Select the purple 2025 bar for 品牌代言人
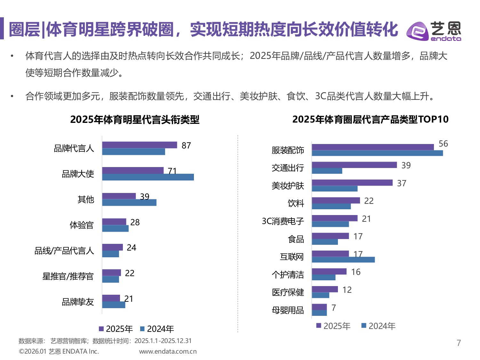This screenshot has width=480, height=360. [140, 145]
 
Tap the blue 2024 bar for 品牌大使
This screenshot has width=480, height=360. [148, 177]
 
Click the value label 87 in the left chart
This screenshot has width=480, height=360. [186, 146]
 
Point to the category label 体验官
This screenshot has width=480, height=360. [82, 225]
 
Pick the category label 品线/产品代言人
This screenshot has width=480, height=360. [64, 251]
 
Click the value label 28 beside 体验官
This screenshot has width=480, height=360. [135, 222]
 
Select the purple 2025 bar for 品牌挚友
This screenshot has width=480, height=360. [111, 298]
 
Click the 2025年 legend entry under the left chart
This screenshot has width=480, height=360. [116, 329]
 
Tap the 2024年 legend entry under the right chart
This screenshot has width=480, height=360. [378, 326]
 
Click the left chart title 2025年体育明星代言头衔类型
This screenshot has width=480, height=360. [135, 120]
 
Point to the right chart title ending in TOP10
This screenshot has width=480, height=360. [370, 119]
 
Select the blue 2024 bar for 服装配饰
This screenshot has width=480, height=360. [377, 153]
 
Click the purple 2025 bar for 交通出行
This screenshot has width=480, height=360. [354, 165]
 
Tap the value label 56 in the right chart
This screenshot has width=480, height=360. [443, 144]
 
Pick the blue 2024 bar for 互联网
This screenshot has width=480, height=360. [343, 260]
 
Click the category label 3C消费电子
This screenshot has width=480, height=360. [283, 221]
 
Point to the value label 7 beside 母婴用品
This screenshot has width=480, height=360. [334, 308]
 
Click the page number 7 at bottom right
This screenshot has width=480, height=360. [459, 343]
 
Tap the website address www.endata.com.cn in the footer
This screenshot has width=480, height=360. [168, 351]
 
